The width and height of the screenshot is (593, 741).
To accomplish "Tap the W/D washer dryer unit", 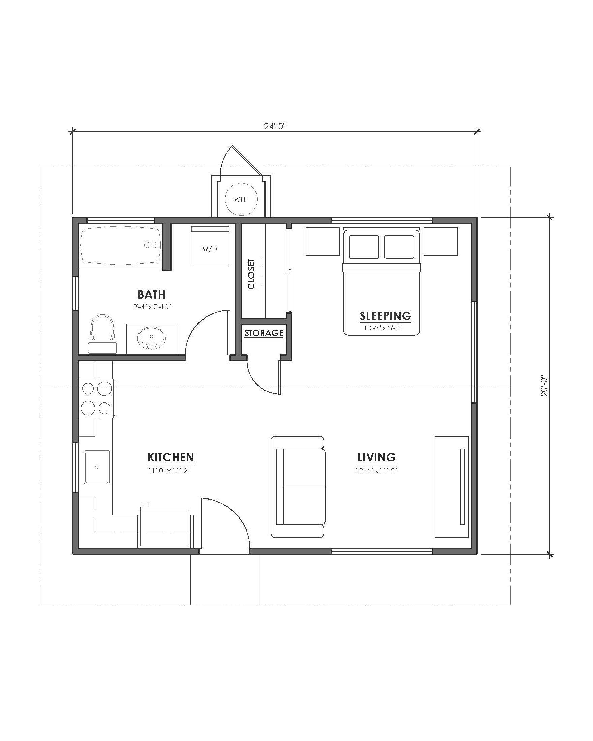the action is [210, 246].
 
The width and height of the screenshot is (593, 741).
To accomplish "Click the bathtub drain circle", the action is [147, 245].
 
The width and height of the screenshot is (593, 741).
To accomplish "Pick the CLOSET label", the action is [251, 274].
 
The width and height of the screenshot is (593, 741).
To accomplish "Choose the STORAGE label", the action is [264, 333].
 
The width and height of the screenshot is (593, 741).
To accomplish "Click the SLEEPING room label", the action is [385, 316].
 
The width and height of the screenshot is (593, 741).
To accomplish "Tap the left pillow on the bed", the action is [364, 247].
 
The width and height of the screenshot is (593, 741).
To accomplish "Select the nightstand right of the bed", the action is [440, 241].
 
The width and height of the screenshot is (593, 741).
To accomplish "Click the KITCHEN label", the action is [170, 457].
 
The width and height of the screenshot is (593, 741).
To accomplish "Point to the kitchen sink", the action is [97, 467].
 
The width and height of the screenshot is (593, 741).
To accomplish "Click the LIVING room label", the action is [376, 457].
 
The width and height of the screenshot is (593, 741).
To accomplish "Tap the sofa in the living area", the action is [298, 487].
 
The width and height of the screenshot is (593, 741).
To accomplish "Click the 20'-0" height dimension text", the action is [544, 386].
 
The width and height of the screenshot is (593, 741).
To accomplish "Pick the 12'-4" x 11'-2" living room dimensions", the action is [376, 471].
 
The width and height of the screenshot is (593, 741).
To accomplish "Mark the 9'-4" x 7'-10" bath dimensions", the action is [152, 307].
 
